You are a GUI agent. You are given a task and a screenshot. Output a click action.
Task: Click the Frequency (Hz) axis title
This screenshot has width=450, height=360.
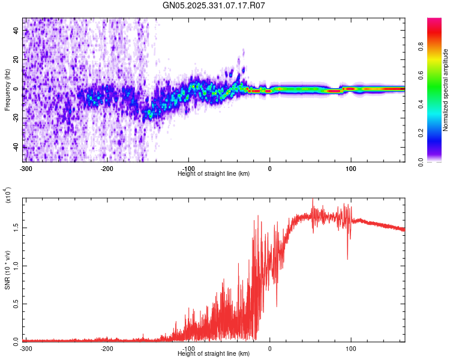[x=7, y=90]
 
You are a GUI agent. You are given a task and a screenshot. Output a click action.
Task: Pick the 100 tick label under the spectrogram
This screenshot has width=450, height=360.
[x=352, y=167]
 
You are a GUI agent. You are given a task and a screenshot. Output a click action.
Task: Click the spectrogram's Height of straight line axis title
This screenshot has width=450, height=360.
[x=214, y=173]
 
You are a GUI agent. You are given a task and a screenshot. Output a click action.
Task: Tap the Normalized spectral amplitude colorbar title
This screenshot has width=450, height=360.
[x=445, y=90]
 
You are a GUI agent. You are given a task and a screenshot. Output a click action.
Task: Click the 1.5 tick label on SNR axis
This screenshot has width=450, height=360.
[x=16, y=228]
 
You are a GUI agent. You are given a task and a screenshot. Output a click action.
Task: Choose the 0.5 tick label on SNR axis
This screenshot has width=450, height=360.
[x=16, y=303]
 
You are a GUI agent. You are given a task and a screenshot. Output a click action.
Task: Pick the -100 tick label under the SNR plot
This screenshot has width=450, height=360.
[x=188, y=348]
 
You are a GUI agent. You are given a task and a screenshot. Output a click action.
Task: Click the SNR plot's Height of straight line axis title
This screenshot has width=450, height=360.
[x=214, y=354]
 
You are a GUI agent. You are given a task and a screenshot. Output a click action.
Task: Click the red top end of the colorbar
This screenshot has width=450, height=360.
[x=434, y=22]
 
